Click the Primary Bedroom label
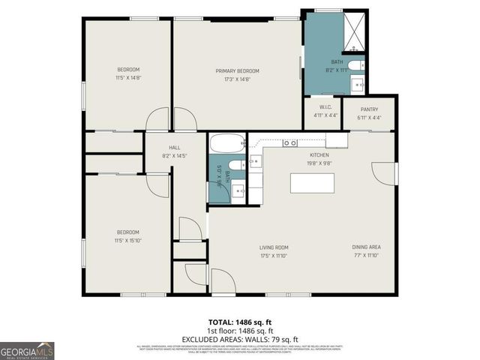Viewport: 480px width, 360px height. (237, 70)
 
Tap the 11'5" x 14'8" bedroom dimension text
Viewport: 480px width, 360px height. (128, 77)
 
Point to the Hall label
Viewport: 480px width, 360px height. (175, 148)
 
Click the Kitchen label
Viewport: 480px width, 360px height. (319, 155)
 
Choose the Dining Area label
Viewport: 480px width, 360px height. (366, 247)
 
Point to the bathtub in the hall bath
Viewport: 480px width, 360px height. (226, 142)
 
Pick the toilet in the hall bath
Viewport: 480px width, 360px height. (235, 164)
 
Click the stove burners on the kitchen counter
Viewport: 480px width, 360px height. (290, 142)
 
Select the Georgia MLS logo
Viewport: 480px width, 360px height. (26, 350)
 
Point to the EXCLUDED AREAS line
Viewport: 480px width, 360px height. (239, 338)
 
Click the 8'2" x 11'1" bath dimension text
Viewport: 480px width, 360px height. (337, 70)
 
